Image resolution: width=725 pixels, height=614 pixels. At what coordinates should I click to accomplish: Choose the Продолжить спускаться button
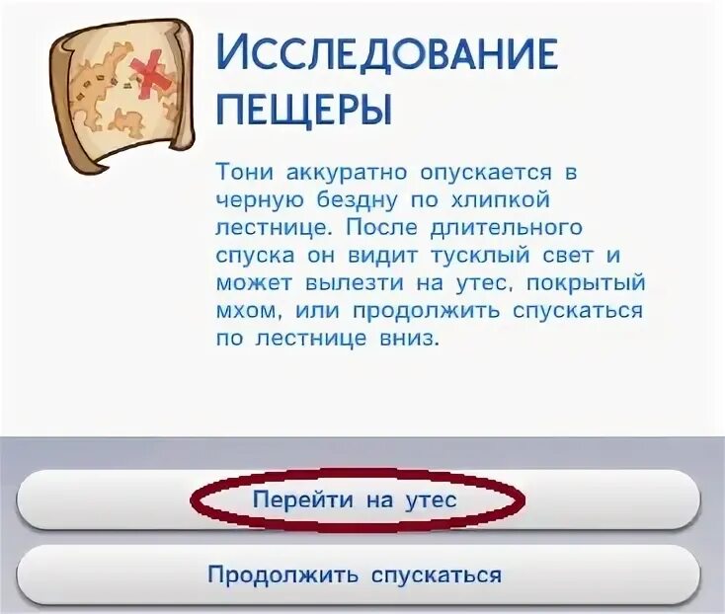tap(355, 575)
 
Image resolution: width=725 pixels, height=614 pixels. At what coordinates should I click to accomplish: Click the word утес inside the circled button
tap(430, 499)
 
